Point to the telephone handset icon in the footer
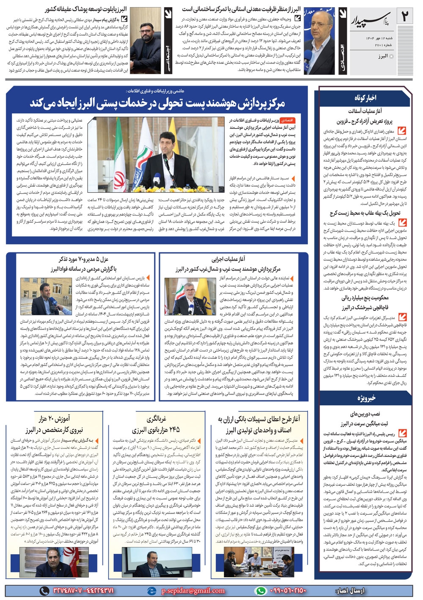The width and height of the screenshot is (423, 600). [44, 590]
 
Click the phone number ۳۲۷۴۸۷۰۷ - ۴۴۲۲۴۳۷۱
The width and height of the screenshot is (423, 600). [83, 590]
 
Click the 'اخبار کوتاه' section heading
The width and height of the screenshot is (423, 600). [365, 98]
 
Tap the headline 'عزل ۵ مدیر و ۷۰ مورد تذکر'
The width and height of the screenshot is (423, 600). [84, 264]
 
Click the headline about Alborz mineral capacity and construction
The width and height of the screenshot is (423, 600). [241, 9]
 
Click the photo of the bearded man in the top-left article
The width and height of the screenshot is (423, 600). [146, 40]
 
